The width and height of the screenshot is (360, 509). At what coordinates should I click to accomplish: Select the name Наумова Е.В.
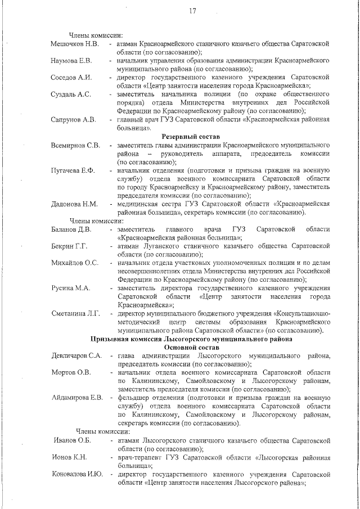click(x=72, y=60)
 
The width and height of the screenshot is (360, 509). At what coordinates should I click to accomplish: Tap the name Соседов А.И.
click(x=71, y=77)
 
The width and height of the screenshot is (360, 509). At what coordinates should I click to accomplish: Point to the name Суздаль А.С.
click(x=71, y=94)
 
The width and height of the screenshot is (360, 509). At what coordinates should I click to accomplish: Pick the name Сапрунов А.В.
click(x=73, y=119)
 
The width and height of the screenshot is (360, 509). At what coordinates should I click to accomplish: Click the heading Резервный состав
click(x=190, y=136)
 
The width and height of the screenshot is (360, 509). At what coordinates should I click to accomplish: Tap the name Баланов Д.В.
click(x=71, y=229)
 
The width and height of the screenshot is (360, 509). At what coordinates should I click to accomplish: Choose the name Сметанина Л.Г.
click(x=75, y=313)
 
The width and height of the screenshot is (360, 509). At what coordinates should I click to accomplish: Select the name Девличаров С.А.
click(x=76, y=356)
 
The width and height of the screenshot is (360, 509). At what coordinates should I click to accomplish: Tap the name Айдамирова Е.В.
click(x=77, y=398)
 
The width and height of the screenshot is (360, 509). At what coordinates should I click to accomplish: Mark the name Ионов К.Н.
click(x=70, y=457)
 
